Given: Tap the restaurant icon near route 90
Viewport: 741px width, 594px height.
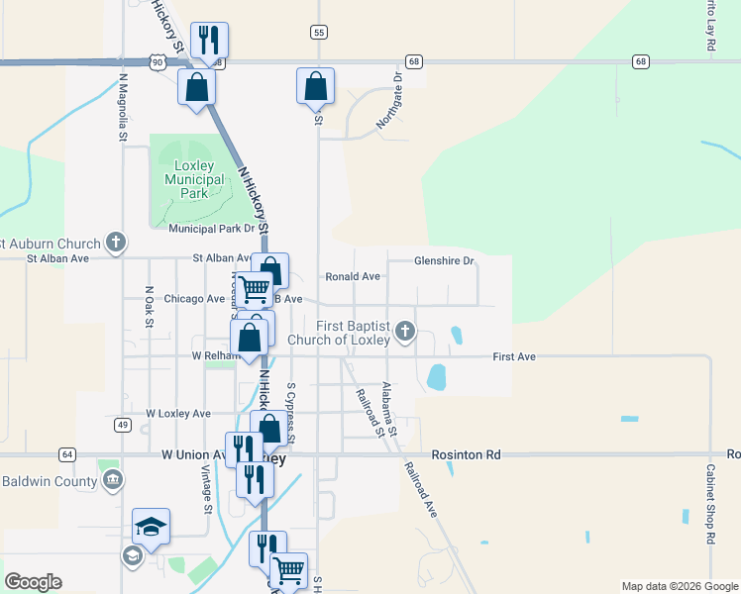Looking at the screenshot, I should [208, 41].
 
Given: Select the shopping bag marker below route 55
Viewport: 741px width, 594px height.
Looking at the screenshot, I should [315, 86].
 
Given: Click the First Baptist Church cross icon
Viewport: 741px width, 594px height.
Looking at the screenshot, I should [404, 332].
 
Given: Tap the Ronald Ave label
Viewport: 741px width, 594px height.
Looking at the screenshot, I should [353, 277].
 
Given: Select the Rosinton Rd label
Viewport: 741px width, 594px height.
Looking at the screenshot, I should [467, 454].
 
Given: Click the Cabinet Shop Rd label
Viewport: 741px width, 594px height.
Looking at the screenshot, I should [711, 503].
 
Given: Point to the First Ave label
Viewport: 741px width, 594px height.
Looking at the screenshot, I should [513, 356].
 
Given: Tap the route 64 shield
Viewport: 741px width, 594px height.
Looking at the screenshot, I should [66, 454].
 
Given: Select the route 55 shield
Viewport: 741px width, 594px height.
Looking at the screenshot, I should [318, 33].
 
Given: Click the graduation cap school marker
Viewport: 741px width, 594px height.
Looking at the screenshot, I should [151, 526].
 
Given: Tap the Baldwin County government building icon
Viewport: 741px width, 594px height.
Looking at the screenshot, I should [112, 481].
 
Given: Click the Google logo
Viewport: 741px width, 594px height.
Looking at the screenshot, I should [33, 582].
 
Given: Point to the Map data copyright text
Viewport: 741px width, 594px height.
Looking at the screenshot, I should [679, 586].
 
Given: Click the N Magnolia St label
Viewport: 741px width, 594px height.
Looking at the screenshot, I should [124, 107].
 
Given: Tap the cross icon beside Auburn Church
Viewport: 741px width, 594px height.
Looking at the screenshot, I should [116, 243].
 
